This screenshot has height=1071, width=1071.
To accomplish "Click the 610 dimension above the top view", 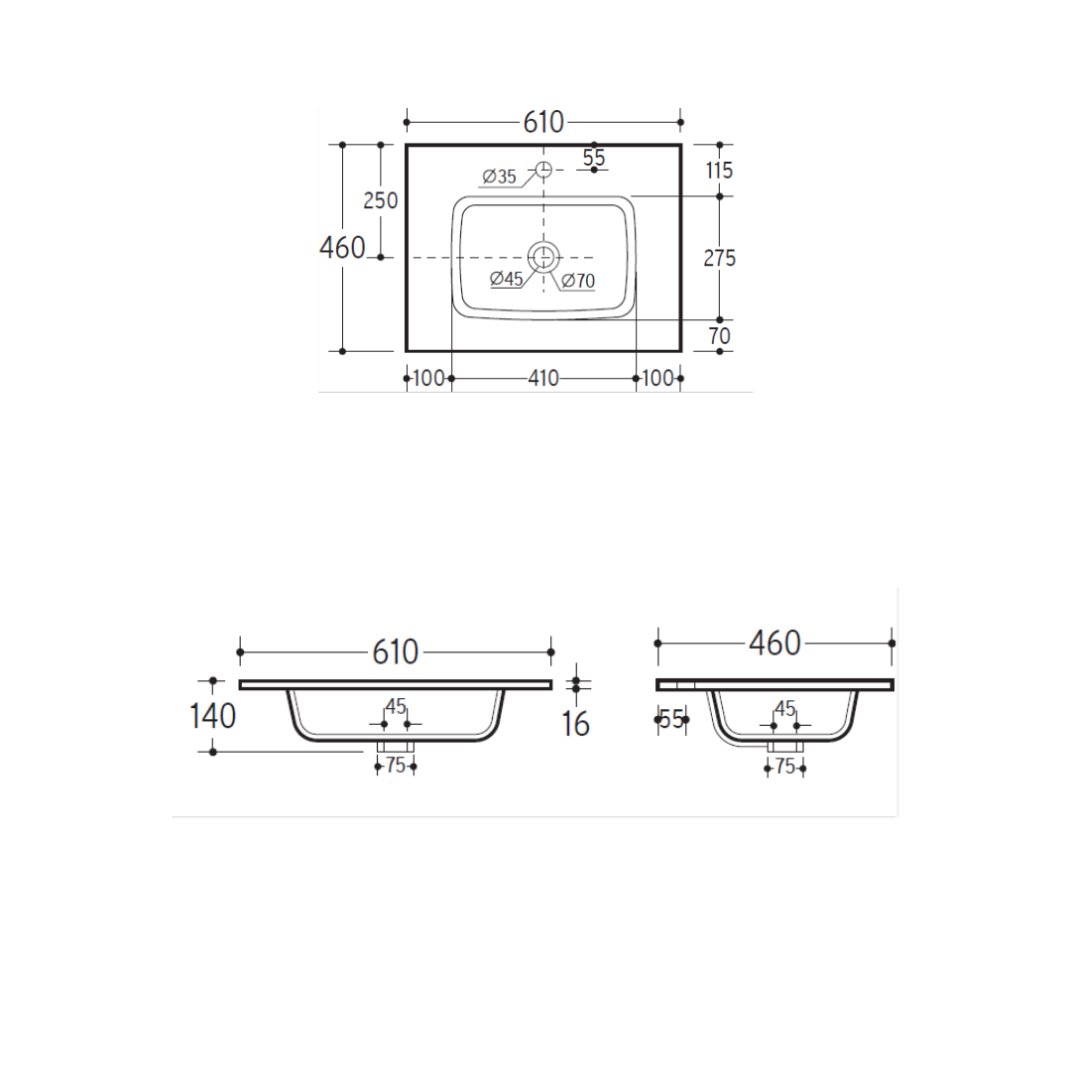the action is (x=543, y=122).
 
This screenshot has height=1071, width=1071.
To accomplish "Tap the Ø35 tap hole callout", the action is (x=499, y=177).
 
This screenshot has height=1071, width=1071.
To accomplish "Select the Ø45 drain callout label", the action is (x=507, y=279).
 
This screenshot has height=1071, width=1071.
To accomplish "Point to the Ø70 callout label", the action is (x=578, y=281).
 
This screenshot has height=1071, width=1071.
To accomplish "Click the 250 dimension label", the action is (x=381, y=200).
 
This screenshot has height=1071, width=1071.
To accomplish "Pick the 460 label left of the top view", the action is (x=342, y=248).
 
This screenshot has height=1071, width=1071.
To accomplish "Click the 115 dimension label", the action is (x=719, y=171).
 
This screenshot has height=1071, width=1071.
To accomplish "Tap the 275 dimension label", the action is (x=720, y=258).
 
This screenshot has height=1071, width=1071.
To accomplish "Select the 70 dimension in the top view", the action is (x=720, y=336).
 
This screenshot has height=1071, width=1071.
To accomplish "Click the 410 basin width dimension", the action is (x=543, y=379).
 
